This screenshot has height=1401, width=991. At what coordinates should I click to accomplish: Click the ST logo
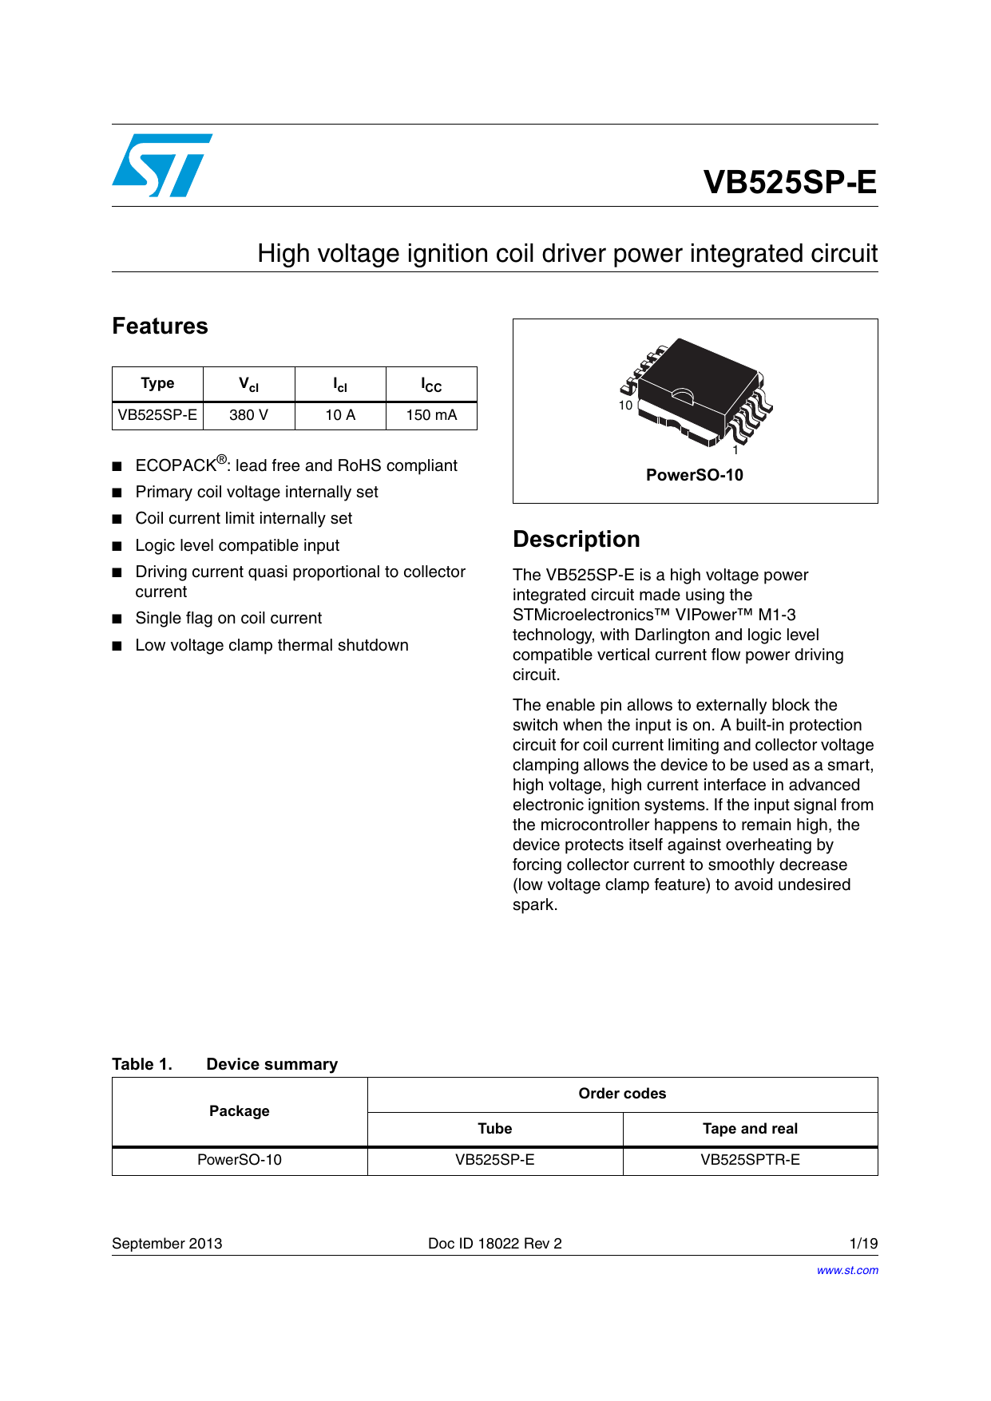coord(162,165)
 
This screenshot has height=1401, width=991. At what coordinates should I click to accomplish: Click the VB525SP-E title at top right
coord(789,182)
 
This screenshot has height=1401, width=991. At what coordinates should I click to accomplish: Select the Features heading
coord(160,326)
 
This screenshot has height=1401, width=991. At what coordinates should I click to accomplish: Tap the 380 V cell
coord(248,415)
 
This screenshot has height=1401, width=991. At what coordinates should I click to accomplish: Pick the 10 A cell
coord(340,415)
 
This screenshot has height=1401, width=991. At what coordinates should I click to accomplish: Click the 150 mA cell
coord(431,415)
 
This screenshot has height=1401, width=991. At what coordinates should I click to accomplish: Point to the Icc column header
coord(431,385)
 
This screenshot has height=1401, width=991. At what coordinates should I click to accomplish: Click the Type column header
coord(157,383)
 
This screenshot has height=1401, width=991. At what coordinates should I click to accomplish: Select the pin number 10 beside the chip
coord(625,406)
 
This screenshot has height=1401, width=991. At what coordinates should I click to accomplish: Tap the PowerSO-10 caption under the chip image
coord(694,475)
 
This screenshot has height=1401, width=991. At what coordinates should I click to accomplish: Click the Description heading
coord(576,539)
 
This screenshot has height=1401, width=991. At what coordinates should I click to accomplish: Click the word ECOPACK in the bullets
coord(176,465)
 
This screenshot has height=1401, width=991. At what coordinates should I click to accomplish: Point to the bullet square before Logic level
coord(117,546)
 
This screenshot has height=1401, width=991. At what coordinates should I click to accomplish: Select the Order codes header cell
coord(622,1094)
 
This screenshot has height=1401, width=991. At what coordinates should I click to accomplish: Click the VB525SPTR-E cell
coord(750,1160)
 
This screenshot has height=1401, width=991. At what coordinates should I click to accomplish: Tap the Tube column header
coord(494,1129)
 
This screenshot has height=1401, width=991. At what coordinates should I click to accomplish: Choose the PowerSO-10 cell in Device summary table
coord(240,1160)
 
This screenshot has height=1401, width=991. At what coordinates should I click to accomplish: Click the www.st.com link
coord(846,1270)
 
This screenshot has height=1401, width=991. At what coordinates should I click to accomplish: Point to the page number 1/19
coord(863,1243)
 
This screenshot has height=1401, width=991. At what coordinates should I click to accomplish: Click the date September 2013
coord(167,1243)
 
